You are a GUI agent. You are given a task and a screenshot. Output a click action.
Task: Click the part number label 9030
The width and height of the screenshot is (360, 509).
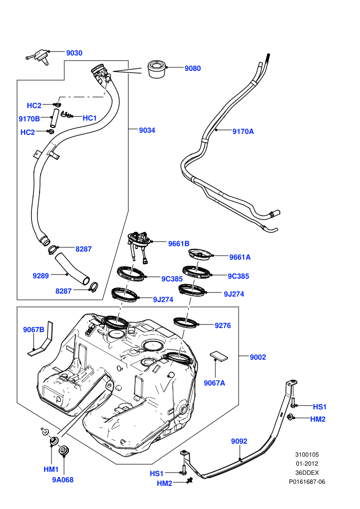tap(75, 53)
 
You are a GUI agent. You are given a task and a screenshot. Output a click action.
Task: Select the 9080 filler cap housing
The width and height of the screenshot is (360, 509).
tap(157, 69)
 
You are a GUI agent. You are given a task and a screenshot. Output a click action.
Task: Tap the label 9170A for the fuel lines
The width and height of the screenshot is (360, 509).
tap(243, 132)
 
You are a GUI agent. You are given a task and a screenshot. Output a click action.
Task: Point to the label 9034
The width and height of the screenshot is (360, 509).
tap(147, 130)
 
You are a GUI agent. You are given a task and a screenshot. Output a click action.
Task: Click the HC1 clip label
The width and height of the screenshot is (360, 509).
tap(89, 118)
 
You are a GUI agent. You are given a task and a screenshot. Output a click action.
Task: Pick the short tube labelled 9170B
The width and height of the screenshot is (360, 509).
tap(54, 118)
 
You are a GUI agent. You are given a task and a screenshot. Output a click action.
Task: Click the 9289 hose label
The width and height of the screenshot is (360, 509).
tap(41, 276)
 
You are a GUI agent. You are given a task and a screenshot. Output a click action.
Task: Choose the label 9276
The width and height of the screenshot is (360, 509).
tap(223, 325)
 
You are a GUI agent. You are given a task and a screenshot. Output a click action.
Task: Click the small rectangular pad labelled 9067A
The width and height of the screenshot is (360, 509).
tap(219, 356)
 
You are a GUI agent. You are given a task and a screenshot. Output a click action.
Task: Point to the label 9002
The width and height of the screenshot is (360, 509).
tap(258, 357)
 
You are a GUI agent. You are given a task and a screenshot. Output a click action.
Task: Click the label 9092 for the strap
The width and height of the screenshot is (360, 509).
tap(239, 441)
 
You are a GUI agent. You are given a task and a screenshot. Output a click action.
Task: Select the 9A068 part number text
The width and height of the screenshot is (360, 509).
tap(63, 480)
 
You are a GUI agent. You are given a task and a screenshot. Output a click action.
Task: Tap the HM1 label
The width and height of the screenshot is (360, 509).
tap(51, 469)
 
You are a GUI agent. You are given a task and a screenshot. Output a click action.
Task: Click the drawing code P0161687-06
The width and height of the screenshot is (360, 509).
tap(307, 482)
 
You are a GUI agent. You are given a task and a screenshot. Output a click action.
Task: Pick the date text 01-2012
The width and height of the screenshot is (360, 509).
tap(307, 464)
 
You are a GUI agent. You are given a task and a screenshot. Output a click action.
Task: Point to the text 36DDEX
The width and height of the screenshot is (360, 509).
tap(307, 472)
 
